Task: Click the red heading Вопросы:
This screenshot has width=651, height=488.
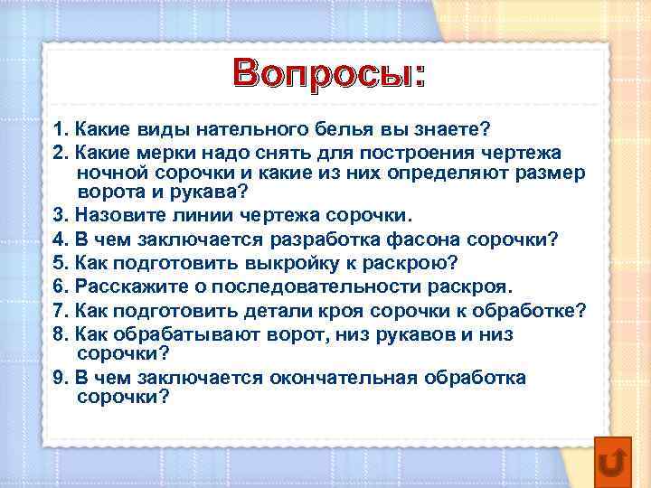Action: pyautogui.click(x=329, y=73)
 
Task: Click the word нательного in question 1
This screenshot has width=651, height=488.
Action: pyautogui.click(x=251, y=129)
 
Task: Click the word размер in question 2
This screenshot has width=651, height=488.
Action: pyautogui.click(x=550, y=174)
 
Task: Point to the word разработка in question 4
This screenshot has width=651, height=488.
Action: pyautogui.click(x=325, y=239)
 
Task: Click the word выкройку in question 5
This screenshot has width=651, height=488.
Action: pyautogui.click(x=292, y=264)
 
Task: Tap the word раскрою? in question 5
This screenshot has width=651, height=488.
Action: pyautogui.click(x=410, y=264)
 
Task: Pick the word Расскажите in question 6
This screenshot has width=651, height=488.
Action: pyautogui.click(x=132, y=286)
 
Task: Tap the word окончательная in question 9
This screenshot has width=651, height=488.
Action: pyautogui.click(x=344, y=378)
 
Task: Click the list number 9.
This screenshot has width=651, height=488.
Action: pyautogui.click(x=60, y=378)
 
